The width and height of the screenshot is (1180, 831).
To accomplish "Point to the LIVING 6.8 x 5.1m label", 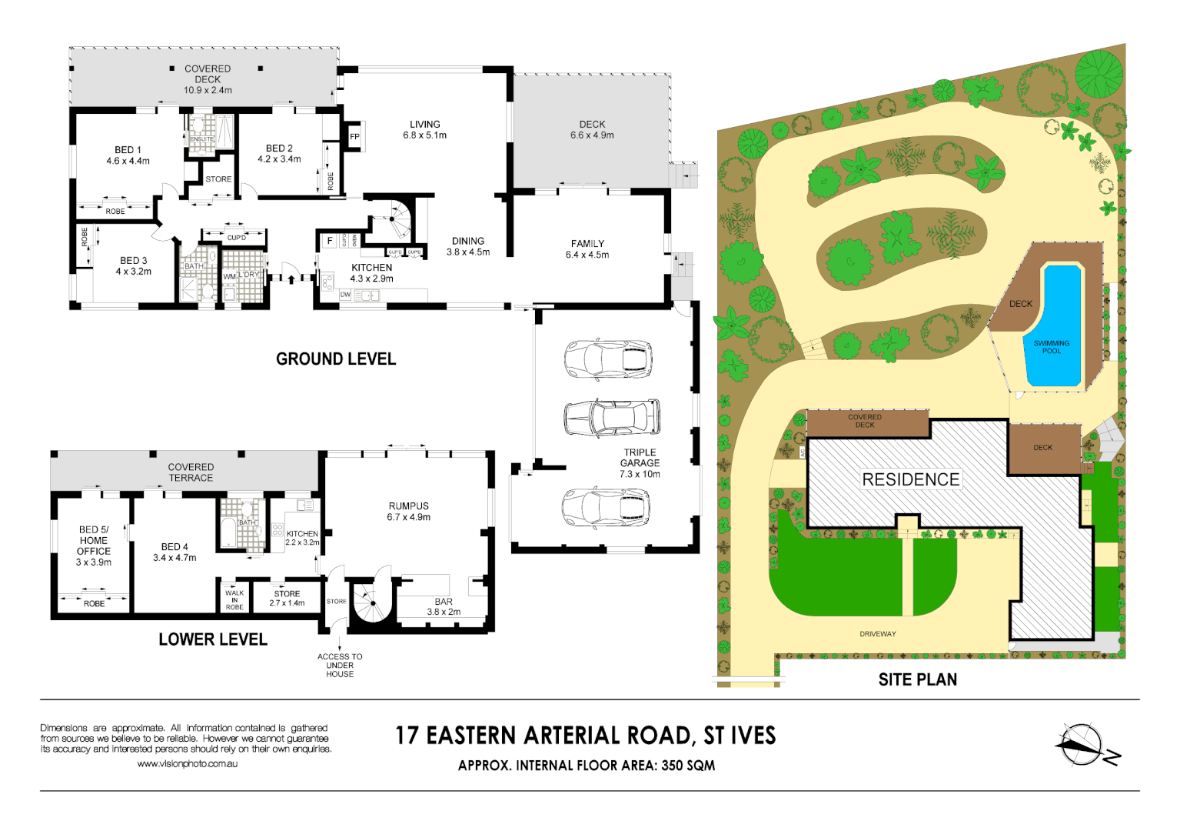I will coord(424,129).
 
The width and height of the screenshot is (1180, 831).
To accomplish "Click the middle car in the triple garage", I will coord(612,418).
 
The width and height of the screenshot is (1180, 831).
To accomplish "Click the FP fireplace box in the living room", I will coord(354,137).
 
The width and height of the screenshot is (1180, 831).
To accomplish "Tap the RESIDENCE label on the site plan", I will coord(910,479).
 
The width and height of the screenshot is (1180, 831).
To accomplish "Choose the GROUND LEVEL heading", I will coord(336,359).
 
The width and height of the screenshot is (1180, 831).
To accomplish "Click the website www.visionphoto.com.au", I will coord(187,764).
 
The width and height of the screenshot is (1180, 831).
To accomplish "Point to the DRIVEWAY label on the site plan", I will coord(878,634).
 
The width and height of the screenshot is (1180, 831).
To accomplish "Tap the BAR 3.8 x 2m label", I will coord(444,607).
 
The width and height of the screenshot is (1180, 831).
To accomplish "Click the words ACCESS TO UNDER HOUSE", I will coord(340,666).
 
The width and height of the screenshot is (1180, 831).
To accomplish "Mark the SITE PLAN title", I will coord(918,679).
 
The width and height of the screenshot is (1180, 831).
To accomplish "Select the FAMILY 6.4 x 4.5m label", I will coord(587,249).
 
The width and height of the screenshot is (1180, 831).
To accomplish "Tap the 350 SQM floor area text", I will coord(688,766).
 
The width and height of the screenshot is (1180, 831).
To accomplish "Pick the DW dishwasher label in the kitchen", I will coord(345,295).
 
